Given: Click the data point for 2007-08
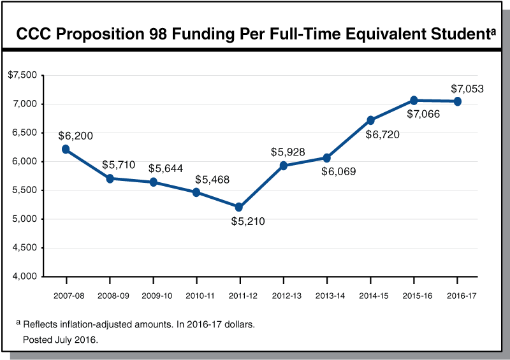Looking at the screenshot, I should tap(66, 149).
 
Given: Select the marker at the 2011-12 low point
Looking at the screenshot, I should tap(239, 207).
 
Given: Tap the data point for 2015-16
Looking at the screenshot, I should tap(414, 101).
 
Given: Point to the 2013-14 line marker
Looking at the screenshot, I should tap(326, 158).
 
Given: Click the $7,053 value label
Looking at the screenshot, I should tap(467, 89).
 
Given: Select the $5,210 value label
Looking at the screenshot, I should tap(247, 222).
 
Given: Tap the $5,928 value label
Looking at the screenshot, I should tap(288, 152).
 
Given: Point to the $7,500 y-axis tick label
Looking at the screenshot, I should tap(22, 75).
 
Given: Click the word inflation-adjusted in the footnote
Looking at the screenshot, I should tap(97, 324).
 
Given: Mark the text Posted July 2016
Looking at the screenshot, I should tap(61, 340).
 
